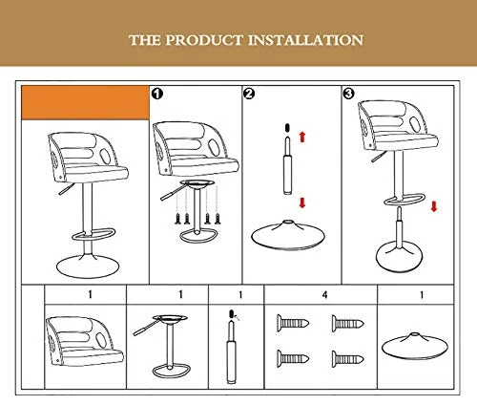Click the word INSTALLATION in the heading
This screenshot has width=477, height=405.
pos(305,40)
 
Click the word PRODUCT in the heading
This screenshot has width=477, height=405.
pos(204,40)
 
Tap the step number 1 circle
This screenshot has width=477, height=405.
pos(157,94)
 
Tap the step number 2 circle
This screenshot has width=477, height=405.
pos(249,94)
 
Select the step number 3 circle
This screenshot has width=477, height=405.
pos(348,94)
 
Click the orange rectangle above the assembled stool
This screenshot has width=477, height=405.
pos(85,102)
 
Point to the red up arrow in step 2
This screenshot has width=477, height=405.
pos(302,137)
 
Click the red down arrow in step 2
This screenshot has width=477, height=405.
pos(302,202)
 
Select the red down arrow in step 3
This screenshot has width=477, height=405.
pos(434,206)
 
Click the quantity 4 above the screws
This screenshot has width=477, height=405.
pos(324,295)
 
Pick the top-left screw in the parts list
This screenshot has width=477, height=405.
pos(293,324)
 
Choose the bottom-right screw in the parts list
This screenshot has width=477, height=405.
pos(347,359)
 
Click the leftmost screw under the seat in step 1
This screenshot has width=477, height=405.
pos(177,219)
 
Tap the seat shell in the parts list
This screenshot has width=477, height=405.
pos(84,341)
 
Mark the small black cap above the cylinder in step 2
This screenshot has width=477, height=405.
pos(287,128)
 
